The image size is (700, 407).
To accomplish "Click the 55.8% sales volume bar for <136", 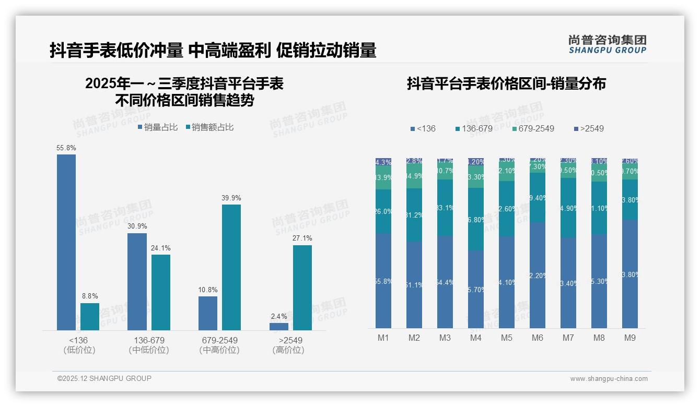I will click(x=66, y=242).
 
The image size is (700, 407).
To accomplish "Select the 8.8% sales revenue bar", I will click(x=90, y=317).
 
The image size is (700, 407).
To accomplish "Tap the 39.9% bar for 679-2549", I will click(x=231, y=267).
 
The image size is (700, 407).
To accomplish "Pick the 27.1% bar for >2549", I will click(x=302, y=288).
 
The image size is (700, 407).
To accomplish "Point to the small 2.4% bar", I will click(x=279, y=327).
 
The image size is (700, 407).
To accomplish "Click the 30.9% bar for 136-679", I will click(x=137, y=282).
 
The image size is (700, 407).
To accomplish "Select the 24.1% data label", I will click(x=161, y=248).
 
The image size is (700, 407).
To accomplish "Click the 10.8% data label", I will click(x=208, y=290).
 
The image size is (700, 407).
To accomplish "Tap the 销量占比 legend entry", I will click(x=158, y=127).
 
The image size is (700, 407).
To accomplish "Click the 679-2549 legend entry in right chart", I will click(x=532, y=128).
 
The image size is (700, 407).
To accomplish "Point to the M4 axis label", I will click(x=475, y=338).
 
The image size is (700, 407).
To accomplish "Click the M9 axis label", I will click(x=630, y=338).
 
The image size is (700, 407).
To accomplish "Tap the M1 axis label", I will click(x=383, y=338).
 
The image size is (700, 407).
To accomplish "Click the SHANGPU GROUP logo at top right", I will click(x=607, y=44).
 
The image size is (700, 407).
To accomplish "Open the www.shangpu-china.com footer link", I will click(x=609, y=379).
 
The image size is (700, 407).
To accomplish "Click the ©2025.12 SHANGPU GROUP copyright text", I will click(x=104, y=378).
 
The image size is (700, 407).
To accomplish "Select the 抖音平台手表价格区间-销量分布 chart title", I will click(x=506, y=84).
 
